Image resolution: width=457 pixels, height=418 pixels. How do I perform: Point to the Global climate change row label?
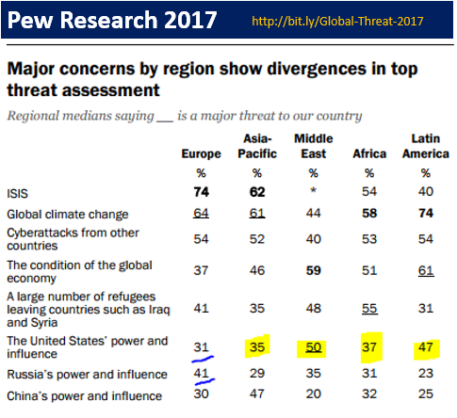click(x=68, y=215)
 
